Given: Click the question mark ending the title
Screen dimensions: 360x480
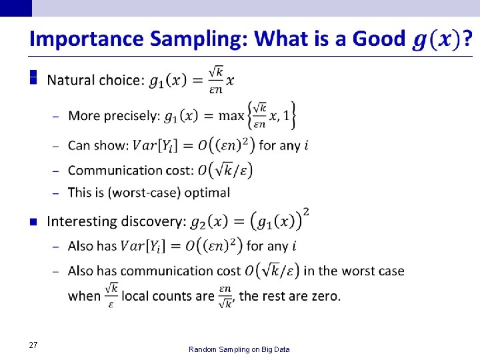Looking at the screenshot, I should tap(468, 39).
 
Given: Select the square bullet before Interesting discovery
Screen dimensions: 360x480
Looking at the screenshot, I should tap(33, 221).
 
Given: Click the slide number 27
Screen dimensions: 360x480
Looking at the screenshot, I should tap(33, 345).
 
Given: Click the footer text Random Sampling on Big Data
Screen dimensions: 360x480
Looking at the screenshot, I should tap(239, 349).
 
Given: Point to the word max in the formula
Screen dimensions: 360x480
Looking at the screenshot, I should tap(231, 116).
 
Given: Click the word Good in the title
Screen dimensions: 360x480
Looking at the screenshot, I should tap(378, 39).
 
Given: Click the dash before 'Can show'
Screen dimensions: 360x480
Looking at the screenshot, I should tap(56, 145).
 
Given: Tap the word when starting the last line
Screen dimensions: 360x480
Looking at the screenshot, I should tap(83, 296).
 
